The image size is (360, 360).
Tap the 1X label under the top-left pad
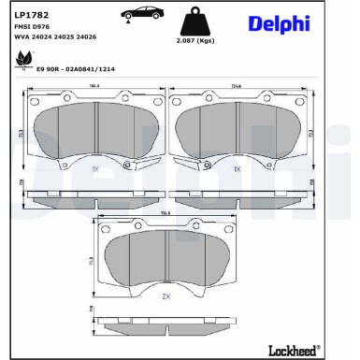(94, 170)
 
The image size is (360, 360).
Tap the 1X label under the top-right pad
(238, 170)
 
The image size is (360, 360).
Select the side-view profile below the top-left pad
(94, 197)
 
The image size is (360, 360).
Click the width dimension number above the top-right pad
(238, 87)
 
